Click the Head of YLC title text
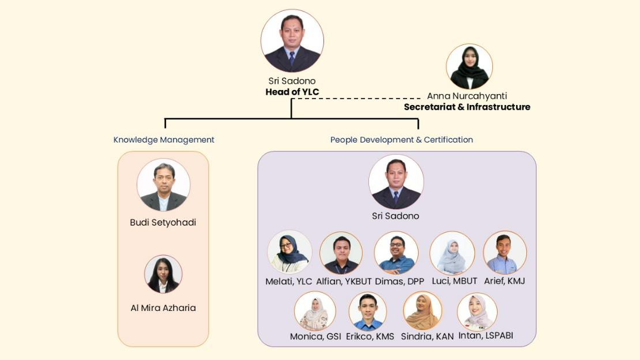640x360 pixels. coord(292,92)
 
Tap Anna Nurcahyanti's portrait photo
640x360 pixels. coord(469,67)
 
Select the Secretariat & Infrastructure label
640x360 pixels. coord(466,107)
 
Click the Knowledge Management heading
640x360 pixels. coord(164,140)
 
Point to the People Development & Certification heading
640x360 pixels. coord(401,140)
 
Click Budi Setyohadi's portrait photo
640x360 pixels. coord(164,185)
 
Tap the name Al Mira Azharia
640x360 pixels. coord(163,307)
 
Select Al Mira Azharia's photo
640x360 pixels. coord(163,274)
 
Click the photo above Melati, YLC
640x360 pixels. coord(289,252)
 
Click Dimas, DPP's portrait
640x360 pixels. coord(396,253)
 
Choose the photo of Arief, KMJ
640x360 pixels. coord(505,252)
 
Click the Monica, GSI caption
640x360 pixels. coord(315,336)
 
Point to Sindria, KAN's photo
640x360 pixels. coord(422,310)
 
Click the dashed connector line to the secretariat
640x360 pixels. coord(357,99)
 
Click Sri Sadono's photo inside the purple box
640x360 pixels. coord(396,182)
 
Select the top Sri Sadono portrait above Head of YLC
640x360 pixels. coord(292,41)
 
